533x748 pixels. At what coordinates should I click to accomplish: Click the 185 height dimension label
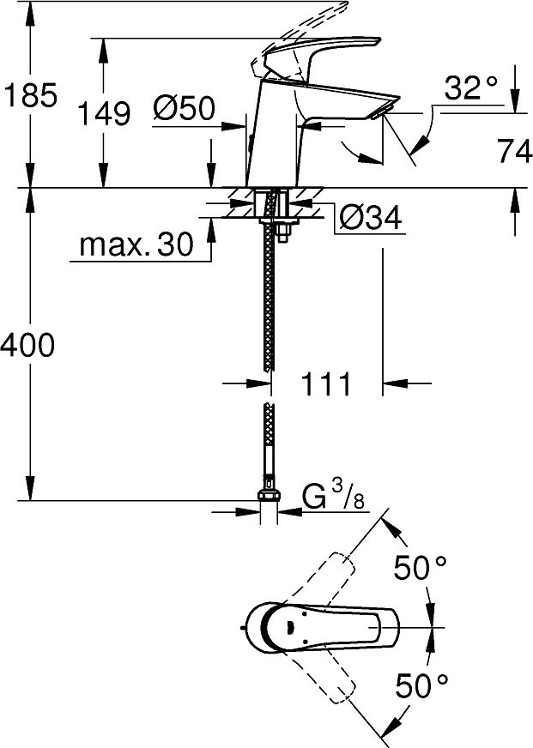coord(31,94)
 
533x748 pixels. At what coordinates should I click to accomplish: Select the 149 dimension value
coord(105,112)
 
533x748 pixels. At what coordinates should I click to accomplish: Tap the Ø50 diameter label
coord(184,109)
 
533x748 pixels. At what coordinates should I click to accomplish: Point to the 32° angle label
coord(470,87)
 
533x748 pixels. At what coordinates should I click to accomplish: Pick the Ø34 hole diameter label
coord(370,219)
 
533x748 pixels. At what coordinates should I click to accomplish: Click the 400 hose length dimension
coord(27,345)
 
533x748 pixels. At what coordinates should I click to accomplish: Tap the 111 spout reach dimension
coord(326,383)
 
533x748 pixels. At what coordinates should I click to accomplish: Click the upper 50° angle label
coord(421,568)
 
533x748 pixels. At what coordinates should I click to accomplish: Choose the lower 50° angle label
coord(421,684)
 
